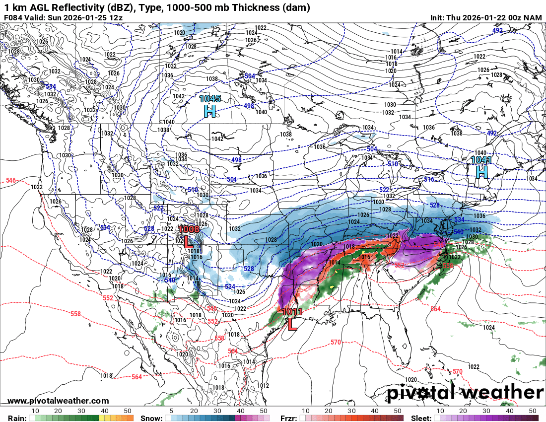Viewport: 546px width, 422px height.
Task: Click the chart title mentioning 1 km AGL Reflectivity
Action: (157, 7)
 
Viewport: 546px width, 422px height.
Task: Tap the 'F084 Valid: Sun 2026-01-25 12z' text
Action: (63, 18)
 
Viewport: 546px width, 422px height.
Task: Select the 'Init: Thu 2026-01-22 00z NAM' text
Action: (486, 18)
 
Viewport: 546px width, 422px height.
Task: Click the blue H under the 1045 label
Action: (210, 111)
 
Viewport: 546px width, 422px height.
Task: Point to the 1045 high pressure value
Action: (210, 99)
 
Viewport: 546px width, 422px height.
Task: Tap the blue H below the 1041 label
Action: (481, 172)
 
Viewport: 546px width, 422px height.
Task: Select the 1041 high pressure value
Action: (481, 160)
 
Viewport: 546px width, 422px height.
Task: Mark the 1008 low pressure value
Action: (189, 229)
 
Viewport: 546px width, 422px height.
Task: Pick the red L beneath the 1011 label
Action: (292, 324)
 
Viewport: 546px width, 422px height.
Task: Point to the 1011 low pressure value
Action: (292, 312)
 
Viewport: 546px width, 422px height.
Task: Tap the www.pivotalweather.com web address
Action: (58, 401)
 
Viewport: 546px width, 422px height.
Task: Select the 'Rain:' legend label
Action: (17, 418)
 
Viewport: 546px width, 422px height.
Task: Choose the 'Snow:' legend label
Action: (151, 418)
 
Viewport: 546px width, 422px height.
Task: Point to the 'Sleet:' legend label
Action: (422, 418)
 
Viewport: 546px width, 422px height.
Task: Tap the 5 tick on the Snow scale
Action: (171, 411)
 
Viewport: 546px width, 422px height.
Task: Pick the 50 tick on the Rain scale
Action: (128, 411)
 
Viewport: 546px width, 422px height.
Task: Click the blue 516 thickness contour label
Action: (429, 179)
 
